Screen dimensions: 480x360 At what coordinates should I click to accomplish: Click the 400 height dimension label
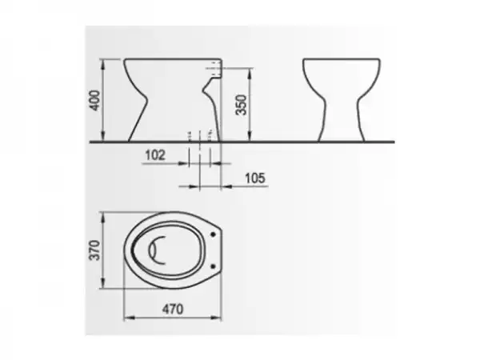95,101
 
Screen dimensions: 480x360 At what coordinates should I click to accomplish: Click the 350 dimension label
242,105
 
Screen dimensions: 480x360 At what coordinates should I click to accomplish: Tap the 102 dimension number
155,155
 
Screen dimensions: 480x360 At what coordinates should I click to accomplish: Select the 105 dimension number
255,178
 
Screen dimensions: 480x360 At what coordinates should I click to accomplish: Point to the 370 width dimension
94,250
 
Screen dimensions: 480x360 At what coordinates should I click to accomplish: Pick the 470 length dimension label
173,309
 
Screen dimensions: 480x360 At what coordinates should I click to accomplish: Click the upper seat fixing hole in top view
213,234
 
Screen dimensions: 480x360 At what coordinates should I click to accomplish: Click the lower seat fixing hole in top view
213,266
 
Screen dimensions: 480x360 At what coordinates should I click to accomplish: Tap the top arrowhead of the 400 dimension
103,62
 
